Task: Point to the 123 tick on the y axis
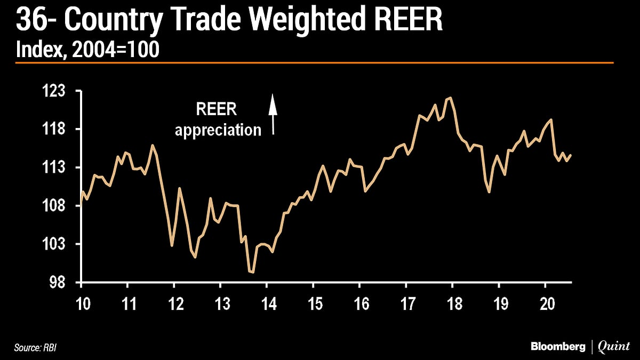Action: tap(54, 91)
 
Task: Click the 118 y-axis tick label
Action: tap(54, 130)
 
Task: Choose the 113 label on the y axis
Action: tap(54, 167)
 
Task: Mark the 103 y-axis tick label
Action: tap(54, 244)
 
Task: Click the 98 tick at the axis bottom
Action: tap(58, 283)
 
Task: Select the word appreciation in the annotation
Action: tap(218, 130)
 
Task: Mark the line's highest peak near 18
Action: tap(451, 98)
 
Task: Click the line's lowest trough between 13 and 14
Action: tap(252, 272)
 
